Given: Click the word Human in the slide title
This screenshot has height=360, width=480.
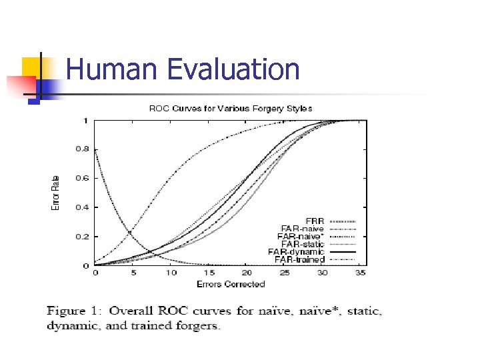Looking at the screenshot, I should [113, 70].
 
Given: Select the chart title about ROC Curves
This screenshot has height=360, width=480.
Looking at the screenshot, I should [229, 108].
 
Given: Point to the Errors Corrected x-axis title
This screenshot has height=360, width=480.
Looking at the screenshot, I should [231, 284].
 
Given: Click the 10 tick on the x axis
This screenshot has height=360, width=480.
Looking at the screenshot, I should [171, 273].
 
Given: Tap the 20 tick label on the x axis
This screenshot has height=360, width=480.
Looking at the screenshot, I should [247, 273].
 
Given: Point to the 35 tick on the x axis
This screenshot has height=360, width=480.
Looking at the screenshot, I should [361, 273].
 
